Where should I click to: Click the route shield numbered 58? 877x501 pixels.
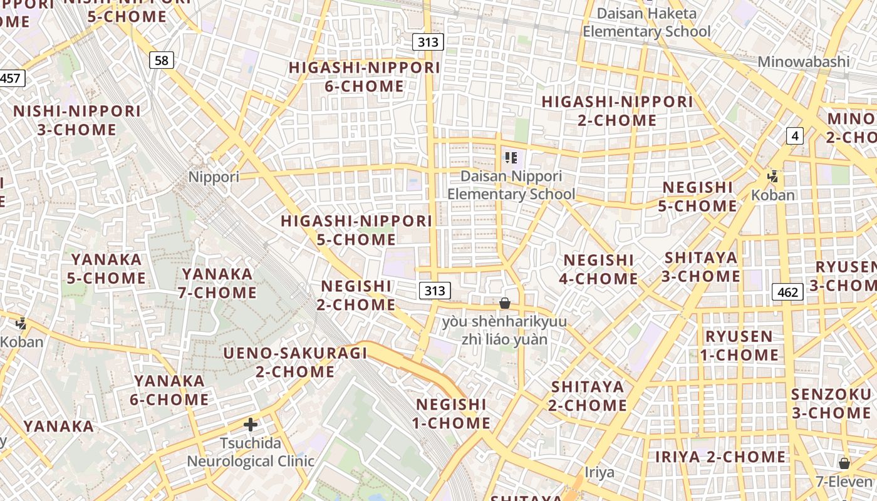pyautogui.click(x=162, y=60)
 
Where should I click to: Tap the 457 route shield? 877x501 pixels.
pyautogui.click(x=11, y=78)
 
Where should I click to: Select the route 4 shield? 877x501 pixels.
pyautogui.click(x=795, y=135)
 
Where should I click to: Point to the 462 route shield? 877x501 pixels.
pyautogui.click(x=788, y=292)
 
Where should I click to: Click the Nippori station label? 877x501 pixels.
pyautogui.click(x=214, y=177)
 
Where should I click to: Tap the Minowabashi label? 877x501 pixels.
pyautogui.click(x=804, y=62)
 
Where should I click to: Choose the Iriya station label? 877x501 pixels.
pyautogui.click(x=599, y=472)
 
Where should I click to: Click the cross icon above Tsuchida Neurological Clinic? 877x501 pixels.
pyautogui.click(x=251, y=425)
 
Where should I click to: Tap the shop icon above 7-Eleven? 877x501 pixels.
pyautogui.click(x=844, y=463)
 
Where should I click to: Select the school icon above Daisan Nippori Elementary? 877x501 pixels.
pyautogui.click(x=511, y=158)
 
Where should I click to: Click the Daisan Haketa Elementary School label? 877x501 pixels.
pyautogui.click(x=646, y=23)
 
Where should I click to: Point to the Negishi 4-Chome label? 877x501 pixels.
pyautogui.click(x=599, y=269)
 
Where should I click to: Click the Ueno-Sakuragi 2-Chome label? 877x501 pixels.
pyautogui.click(x=295, y=362)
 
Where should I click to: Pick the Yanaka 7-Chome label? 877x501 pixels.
pyautogui.click(x=218, y=283)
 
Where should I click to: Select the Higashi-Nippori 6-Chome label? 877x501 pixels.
pyautogui.click(x=365, y=77)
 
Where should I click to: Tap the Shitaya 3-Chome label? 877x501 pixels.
pyautogui.click(x=701, y=267)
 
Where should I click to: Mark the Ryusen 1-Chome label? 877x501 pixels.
pyautogui.click(x=739, y=346)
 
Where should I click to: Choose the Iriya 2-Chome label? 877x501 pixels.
pyautogui.click(x=720, y=457)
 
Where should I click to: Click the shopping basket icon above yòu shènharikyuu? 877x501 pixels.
pyautogui.click(x=505, y=304)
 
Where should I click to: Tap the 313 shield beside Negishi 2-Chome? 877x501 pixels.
pyautogui.click(x=434, y=291)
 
